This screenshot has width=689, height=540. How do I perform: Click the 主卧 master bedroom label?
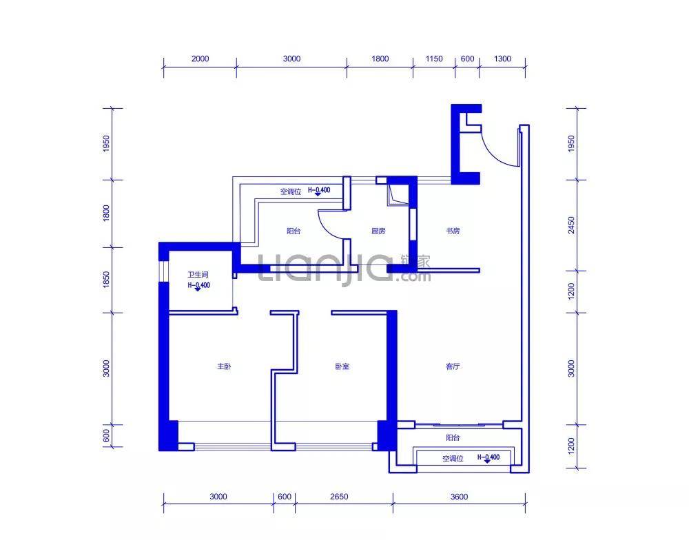(223, 367)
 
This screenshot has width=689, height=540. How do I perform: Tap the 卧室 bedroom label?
(342, 367)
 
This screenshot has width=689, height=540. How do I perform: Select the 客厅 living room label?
(453, 367)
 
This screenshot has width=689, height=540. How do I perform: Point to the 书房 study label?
(452, 231)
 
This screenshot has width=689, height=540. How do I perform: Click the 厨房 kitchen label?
(378, 231)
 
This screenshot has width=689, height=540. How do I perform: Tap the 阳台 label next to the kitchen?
(294, 231)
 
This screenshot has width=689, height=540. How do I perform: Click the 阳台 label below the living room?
(453, 438)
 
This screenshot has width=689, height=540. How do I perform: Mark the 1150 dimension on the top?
(434, 59)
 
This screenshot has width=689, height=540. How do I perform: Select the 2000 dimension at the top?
(200, 59)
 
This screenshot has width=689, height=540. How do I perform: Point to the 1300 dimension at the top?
(503, 59)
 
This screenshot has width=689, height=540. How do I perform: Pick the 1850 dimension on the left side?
(106, 281)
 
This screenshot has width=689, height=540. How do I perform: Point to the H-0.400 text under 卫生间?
(198, 284)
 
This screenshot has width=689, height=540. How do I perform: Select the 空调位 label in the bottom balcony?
(453, 458)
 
